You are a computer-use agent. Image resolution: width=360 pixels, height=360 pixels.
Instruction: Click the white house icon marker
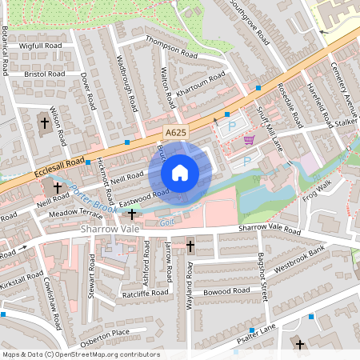tap(180, 172)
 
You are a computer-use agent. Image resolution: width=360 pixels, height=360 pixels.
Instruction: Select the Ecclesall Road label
tap(61, 167)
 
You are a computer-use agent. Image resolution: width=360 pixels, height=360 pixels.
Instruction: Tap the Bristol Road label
tap(46, 74)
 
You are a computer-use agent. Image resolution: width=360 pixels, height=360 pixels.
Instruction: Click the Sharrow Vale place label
tap(110, 229)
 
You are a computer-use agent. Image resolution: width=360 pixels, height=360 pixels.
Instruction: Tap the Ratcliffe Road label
tap(145, 294)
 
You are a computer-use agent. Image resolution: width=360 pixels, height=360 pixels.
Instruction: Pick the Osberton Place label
tap(105, 334)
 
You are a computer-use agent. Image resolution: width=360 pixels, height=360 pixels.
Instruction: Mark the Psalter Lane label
tap(256, 340)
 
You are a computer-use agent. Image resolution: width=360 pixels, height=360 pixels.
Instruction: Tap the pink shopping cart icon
tap(249, 139)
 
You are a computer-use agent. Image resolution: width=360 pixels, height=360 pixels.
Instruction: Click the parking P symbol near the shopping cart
tap(233, 126)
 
